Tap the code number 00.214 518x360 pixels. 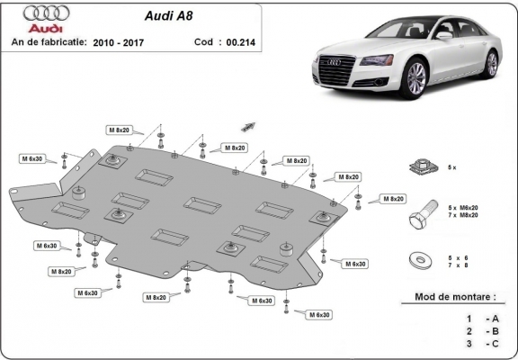(x=239, y=42)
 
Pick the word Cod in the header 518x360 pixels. (x=204, y=42)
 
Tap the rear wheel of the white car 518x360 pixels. (x=491, y=63)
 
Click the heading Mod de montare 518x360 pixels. (x=454, y=296)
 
